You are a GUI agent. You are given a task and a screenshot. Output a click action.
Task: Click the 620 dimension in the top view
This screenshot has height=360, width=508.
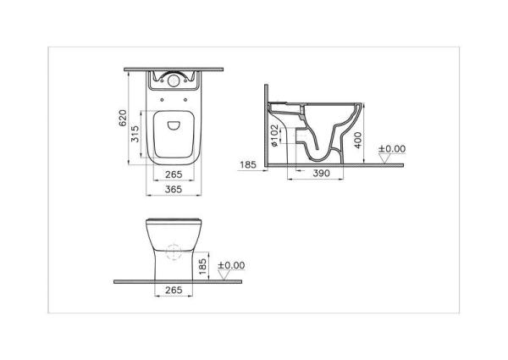coord(122,118)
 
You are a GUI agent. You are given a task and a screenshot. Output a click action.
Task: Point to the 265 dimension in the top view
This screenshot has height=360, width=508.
coord(173,175)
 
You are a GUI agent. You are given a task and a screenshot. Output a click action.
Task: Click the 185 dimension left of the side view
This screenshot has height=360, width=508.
coord(249,165)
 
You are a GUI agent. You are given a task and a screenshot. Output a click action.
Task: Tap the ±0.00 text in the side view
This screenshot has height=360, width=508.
coord(392,149)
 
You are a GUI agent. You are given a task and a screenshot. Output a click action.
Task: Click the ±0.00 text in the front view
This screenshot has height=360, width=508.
coord(231,265)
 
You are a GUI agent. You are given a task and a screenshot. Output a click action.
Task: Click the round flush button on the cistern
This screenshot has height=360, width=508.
coord(173,82)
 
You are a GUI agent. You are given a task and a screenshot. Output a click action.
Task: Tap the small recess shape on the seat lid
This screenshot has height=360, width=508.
coord(174,127)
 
